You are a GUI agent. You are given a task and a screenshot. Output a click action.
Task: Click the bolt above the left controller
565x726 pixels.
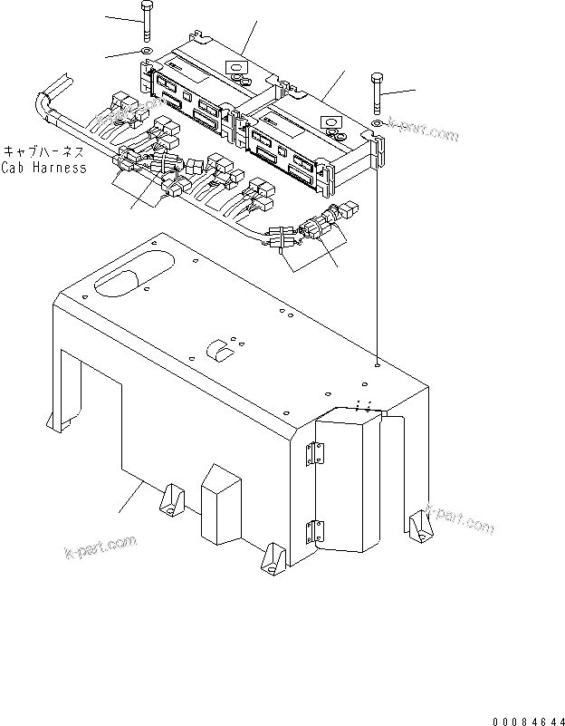coord(146,21)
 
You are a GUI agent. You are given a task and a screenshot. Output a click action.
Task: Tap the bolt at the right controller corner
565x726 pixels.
coord(376,94)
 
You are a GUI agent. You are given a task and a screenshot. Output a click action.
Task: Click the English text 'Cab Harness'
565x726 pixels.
coord(43,168)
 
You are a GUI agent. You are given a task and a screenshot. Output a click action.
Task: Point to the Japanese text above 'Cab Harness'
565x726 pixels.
coord(45,152)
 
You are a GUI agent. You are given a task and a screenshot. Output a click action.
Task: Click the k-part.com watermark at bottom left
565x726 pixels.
coord(100,548)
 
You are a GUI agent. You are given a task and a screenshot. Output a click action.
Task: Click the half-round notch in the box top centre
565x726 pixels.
coord(216,348)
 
